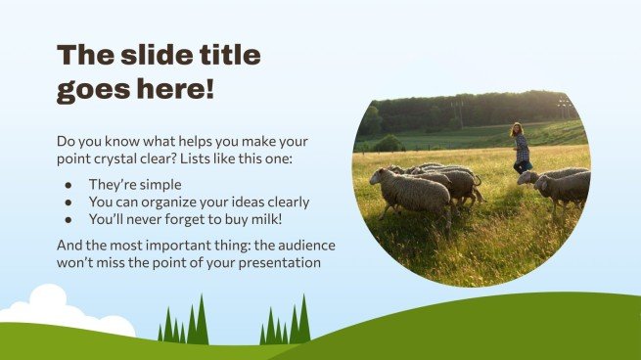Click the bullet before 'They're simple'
tap(67, 184)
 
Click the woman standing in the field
tap(522, 148)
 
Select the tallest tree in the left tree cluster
tap(201, 321)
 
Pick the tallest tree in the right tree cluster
tap(302, 321)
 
